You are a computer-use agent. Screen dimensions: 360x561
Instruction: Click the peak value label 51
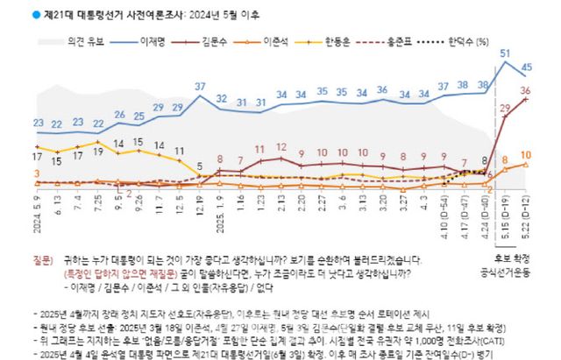point(506,54)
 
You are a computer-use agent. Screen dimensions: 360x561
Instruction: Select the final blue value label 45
point(526,67)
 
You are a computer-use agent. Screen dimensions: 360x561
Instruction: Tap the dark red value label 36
point(526,90)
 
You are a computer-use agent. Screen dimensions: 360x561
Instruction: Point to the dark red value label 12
point(280,147)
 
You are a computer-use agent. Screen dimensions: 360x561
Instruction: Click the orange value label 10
point(526,154)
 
